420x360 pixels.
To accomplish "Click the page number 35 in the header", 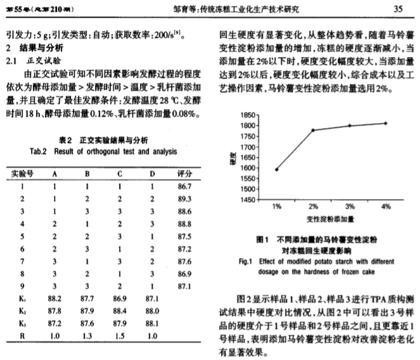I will coord(398,10).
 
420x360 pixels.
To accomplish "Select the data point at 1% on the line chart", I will coord(277,169).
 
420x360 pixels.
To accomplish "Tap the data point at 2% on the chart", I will coord(313,131).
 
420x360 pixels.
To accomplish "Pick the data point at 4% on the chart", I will coord(385,123).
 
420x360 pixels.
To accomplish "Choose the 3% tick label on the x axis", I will coord(349,208).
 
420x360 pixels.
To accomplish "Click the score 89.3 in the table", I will coord(184,198).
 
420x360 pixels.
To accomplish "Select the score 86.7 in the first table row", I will coord(184,186).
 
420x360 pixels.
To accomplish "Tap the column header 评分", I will coord(184,173).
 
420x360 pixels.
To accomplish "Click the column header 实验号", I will coord(21,173).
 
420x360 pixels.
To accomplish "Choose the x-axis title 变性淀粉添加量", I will coord(330,219).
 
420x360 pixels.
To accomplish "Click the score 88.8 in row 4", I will coord(184,224).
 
